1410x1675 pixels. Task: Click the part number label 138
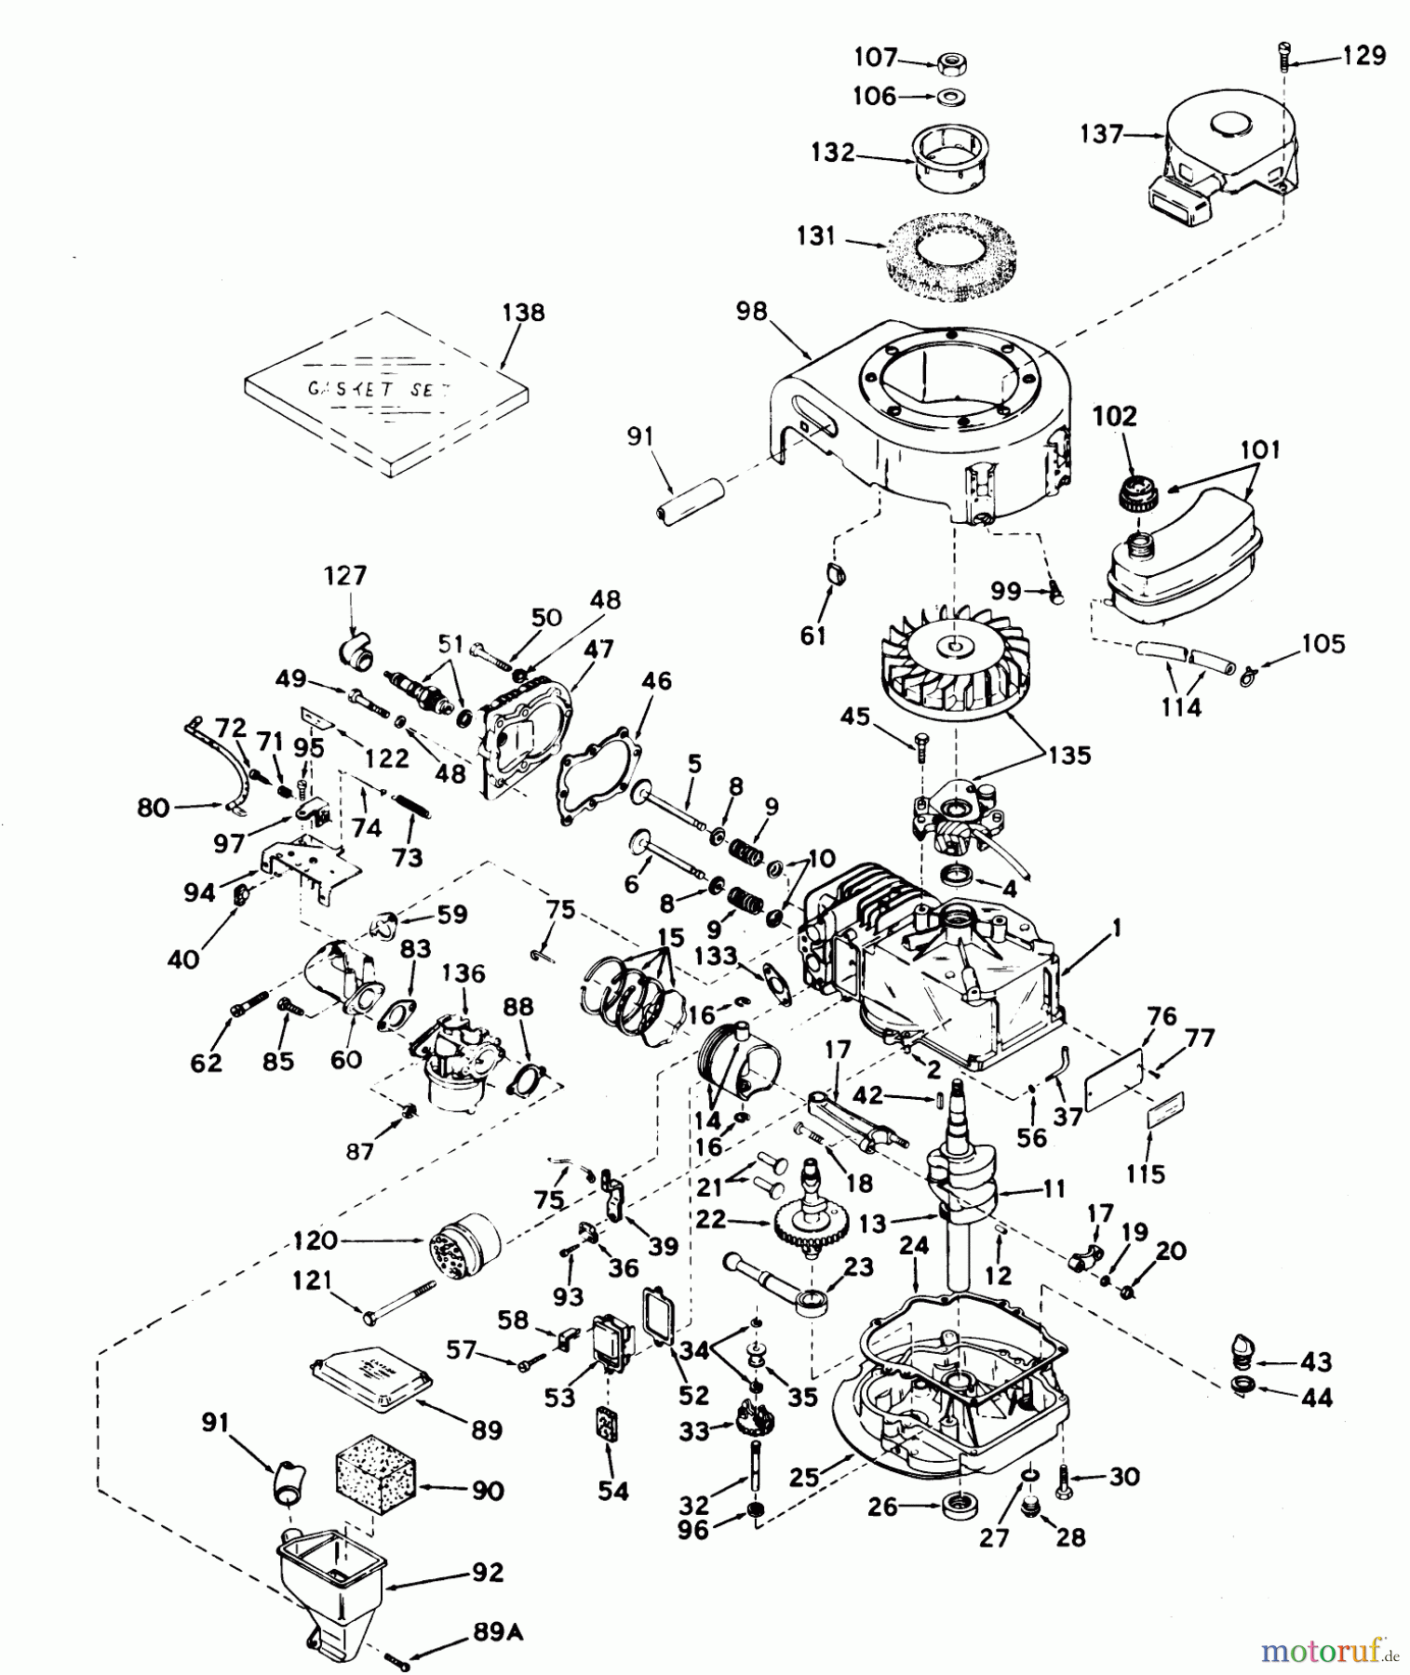tap(523, 313)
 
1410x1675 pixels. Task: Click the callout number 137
tap(1102, 135)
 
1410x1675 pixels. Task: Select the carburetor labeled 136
tap(458, 1057)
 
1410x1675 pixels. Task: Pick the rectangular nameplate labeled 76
tap(1114, 1079)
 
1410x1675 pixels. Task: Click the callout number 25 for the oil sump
tap(805, 1476)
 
